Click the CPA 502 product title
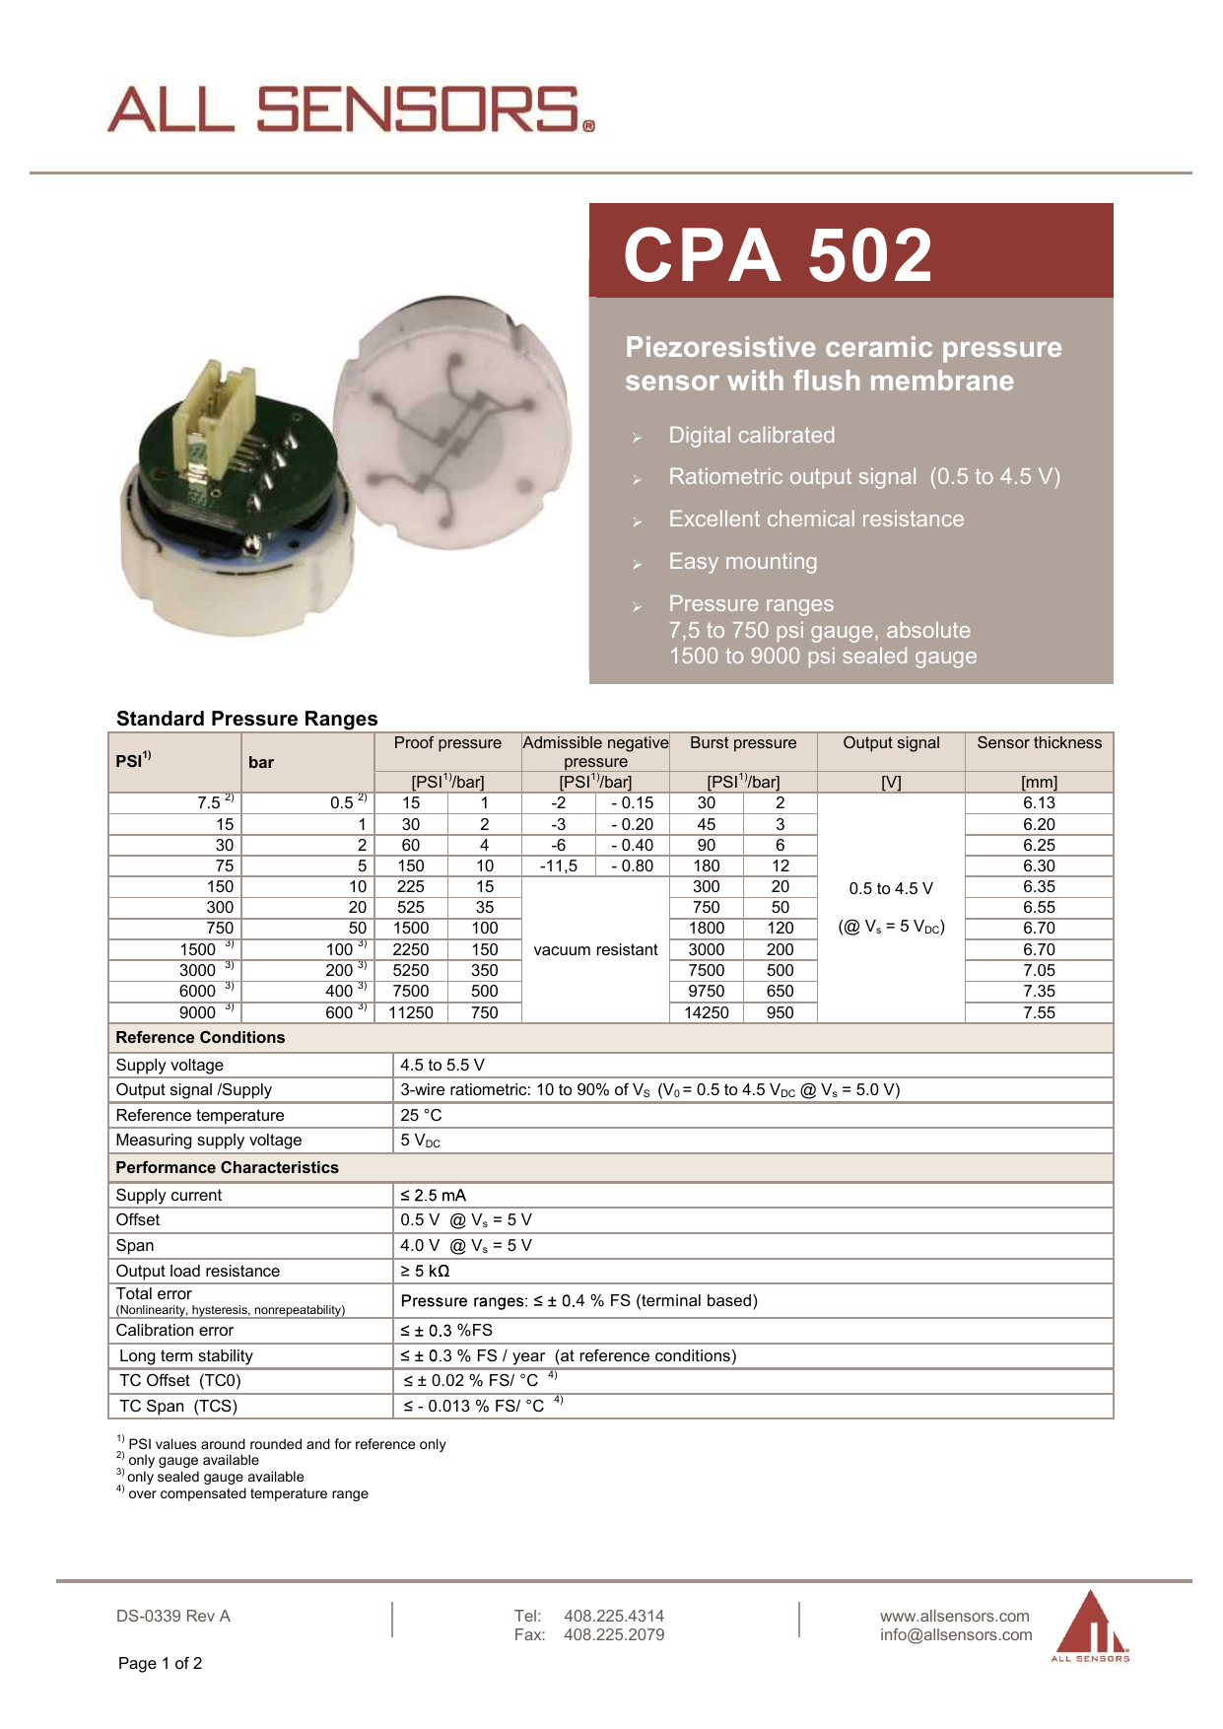pos(778,255)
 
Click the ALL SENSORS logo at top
pos(350,109)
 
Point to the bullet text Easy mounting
pos(742,562)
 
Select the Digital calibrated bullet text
pos(751,436)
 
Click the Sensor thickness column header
pos(1039,743)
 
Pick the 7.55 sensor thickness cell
pos(1039,1012)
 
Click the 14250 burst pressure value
pos(707,1012)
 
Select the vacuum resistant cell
pos(595,949)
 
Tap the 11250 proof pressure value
pos(411,1012)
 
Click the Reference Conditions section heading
pos(200,1038)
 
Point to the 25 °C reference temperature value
pos(421,1115)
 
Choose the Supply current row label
pos(169,1195)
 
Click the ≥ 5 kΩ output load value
pos(425,1271)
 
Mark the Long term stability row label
pos(185,1356)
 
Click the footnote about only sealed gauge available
pos(215,1477)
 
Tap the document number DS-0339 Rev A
pos(172,1616)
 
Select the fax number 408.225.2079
pos(614,1635)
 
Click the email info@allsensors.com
pos(956,1635)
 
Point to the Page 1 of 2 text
pos(160,1664)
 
